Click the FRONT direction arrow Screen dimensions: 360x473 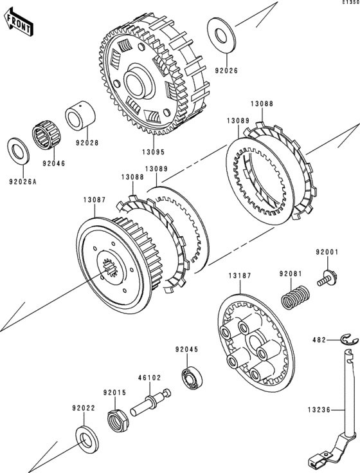pos(19,22)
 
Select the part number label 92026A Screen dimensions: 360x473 pos(22,182)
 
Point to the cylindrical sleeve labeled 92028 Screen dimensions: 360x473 pos(80,116)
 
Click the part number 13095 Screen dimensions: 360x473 pos(154,152)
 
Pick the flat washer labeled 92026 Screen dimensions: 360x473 pos(221,35)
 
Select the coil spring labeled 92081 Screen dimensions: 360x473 pos(295,297)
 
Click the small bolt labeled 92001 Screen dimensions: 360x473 pos(327,278)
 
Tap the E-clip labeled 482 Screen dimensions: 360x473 pos(349,339)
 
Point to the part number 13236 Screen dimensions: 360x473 pos(319,410)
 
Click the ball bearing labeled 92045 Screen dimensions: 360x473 pos(192,378)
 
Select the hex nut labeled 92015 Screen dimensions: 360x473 pos(118,420)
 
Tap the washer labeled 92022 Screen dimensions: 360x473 pos(87,440)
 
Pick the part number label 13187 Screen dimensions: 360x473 pos(240,275)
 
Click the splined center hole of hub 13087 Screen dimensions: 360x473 pos(110,267)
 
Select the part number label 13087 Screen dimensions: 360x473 pos(94,199)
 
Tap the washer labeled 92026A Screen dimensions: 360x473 pos(18,151)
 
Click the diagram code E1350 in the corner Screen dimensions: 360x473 pos(351,2)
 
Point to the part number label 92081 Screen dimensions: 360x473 pos(291,274)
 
